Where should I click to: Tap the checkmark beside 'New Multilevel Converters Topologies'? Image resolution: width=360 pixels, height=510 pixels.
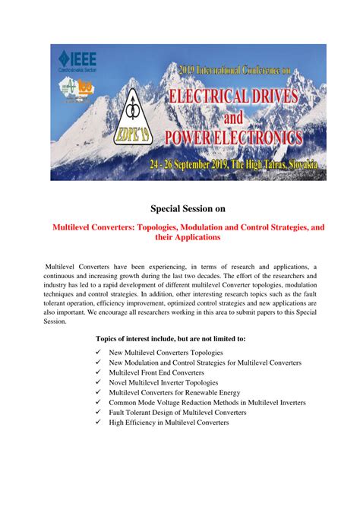click(x=99, y=353)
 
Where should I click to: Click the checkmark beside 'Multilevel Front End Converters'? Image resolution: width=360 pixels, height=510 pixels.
click(x=99, y=372)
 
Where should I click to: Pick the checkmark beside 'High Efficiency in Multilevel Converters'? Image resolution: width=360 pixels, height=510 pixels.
click(x=99, y=422)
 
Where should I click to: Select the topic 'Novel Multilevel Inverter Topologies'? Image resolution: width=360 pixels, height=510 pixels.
click(x=163, y=382)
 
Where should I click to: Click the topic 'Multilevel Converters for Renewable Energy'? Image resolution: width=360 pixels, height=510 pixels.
click(x=175, y=392)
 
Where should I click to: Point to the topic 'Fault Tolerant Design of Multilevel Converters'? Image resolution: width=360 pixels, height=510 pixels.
click(x=178, y=412)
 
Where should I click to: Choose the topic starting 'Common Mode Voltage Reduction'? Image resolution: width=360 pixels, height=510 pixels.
click(x=207, y=402)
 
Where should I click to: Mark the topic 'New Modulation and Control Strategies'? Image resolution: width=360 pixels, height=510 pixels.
click(x=205, y=363)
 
